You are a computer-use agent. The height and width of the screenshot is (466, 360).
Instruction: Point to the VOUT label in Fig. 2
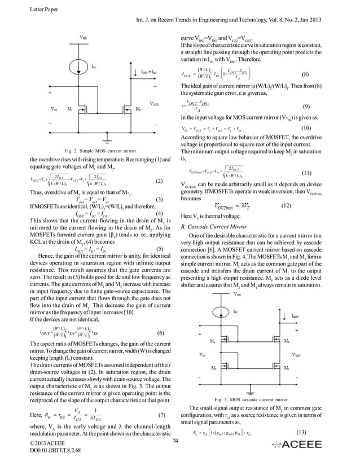[x=154, y=104]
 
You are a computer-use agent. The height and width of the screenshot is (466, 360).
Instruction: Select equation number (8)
[x=305, y=74]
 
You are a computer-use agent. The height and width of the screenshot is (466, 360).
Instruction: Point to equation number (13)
[x=302, y=433]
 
